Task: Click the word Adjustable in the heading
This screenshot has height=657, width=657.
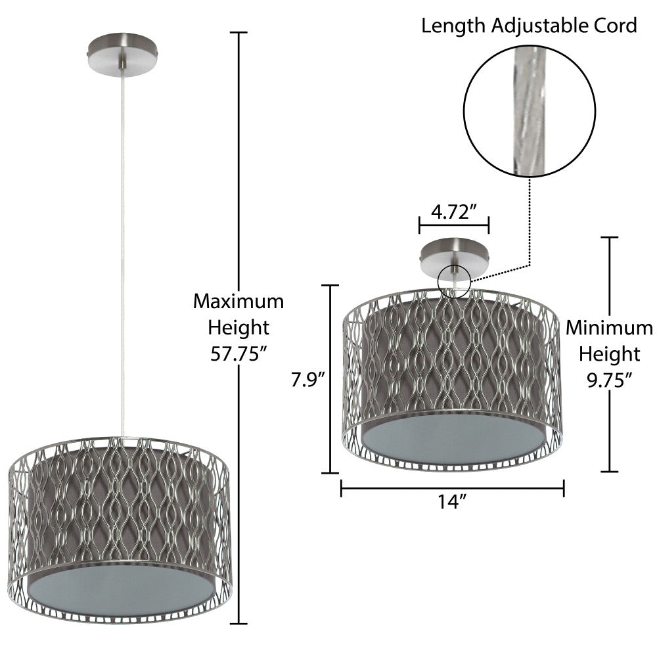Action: point(536,26)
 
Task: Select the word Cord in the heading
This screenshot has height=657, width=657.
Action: point(617,26)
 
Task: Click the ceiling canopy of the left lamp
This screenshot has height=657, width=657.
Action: point(124,56)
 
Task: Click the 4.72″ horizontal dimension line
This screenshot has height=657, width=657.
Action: point(453,225)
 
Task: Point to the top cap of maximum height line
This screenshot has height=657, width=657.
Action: point(238,32)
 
